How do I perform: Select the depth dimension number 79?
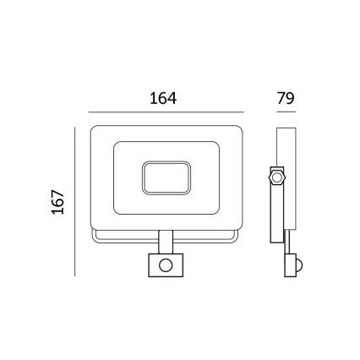click(286, 98)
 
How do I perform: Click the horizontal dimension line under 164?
click(166, 112)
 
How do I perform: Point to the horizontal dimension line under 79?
click(286, 112)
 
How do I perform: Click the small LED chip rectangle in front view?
click(166, 177)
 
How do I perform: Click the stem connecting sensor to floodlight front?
click(166, 242)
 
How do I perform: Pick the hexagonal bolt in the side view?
click(275, 177)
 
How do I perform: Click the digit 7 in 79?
click(279, 98)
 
